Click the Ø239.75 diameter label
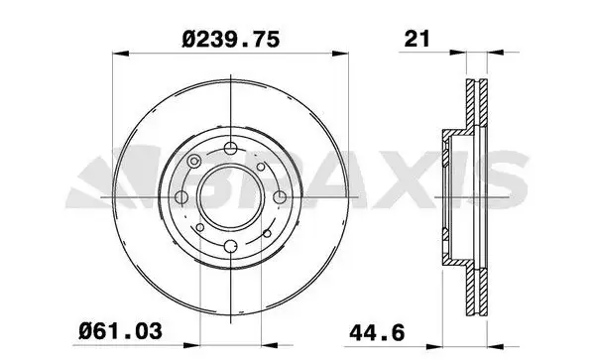(x=229, y=40)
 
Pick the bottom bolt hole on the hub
(x=229, y=247)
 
